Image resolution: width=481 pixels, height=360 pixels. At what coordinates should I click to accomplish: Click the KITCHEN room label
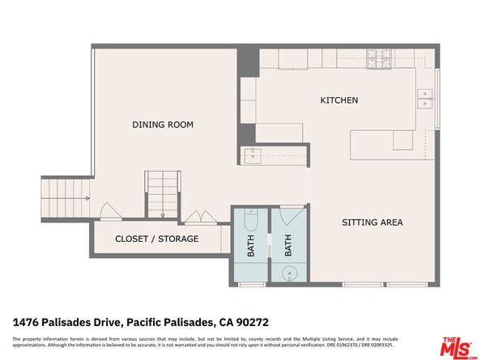tap(338, 100)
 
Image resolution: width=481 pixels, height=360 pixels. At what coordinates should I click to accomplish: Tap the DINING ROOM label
tap(163, 125)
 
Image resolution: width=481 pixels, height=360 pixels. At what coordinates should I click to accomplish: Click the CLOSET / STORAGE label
tap(156, 239)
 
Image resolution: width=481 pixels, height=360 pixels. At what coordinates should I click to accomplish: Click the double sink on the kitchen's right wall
tap(424, 99)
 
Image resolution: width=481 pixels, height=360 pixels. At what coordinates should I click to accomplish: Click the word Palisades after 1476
tap(62, 321)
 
